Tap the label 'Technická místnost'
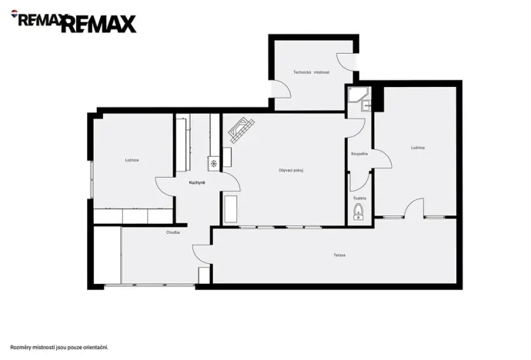click(311, 72)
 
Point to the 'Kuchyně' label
click(197, 182)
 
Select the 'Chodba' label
click(172, 232)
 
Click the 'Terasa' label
click(339, 255)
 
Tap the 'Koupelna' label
click(359, 154)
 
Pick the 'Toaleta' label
click(359, 198)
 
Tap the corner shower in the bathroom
click(356, 97)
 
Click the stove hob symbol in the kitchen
click(213, 163)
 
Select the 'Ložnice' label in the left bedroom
click(132, 160)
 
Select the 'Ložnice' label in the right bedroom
click(418, 147)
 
